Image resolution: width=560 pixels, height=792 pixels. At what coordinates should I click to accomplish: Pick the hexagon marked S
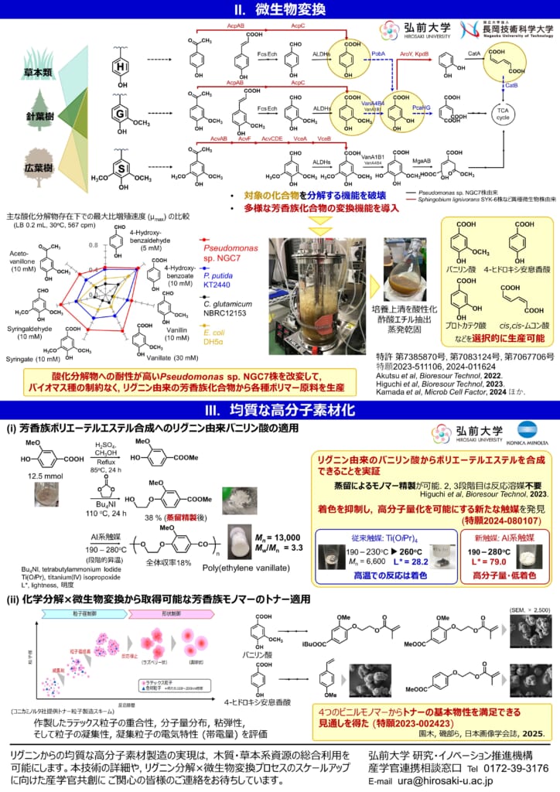tap(121, 168)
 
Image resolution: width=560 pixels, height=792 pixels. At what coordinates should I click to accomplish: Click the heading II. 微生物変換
tap(280, 9)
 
